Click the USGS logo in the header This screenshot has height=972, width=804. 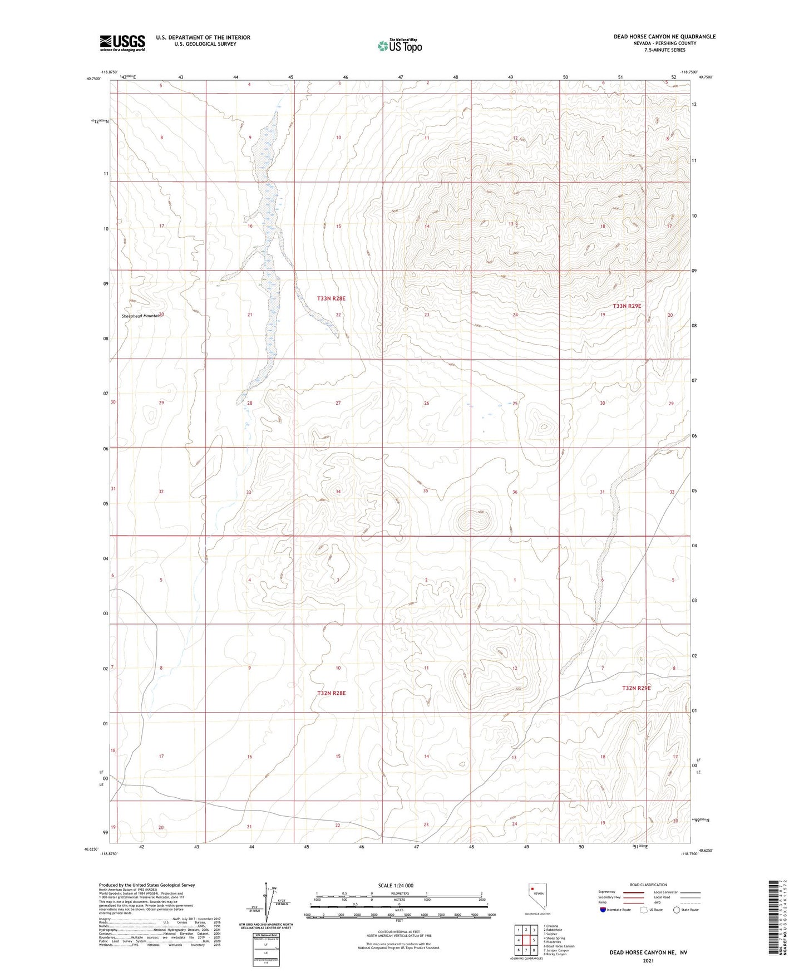(x=122, y=43)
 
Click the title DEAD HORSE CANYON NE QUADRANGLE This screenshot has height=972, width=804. (x=664, y=37)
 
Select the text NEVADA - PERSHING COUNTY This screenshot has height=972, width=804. (x=664, y=43)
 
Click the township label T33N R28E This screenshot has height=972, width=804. (x=331, y=298)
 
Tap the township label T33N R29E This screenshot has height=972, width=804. (x=627, y=306)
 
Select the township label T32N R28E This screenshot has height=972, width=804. (x=331, y=693)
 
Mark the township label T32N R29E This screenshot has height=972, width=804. (x=636, y=688)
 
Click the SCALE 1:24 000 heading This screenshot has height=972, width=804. (x=396, y=886)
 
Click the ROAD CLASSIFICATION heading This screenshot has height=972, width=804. (x=648, y=885)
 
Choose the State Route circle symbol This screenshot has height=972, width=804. (x=677, y=910)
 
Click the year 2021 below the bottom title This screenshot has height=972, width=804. (x=648, y=961)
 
